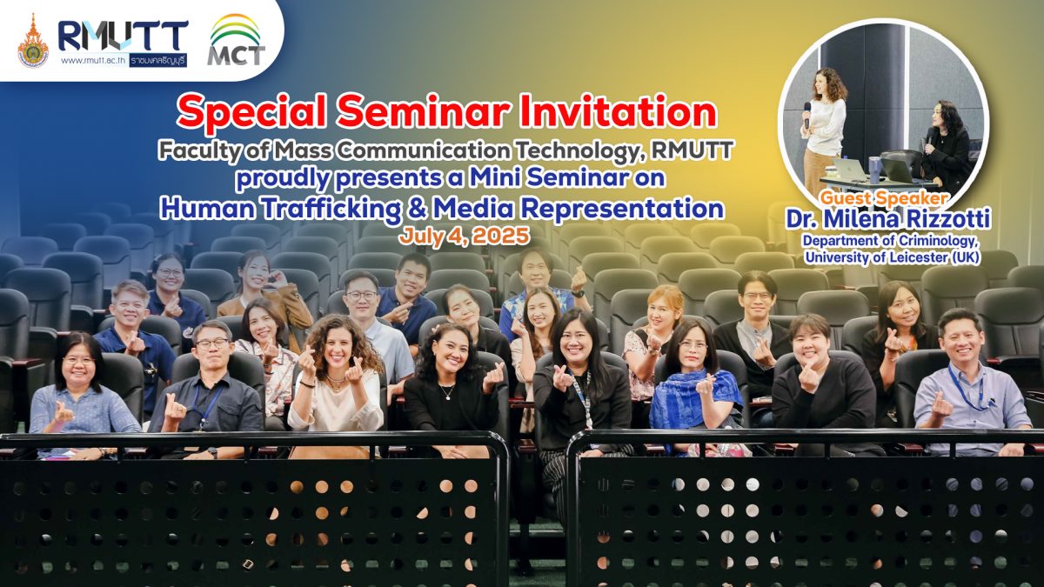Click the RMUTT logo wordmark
coord(123,37)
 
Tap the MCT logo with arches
coord(236,40)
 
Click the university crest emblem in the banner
coord(33,41)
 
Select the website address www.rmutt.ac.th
coord(93,61)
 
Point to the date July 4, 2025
coord(465,237)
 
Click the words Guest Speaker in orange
coord(884,198)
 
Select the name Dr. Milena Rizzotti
coord(888,220)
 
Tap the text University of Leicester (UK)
coord(892,257)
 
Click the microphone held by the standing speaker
coord(806,115)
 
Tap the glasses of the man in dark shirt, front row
coord(212,344)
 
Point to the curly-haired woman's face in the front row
coord(338,349)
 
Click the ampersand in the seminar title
coord(416,209)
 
